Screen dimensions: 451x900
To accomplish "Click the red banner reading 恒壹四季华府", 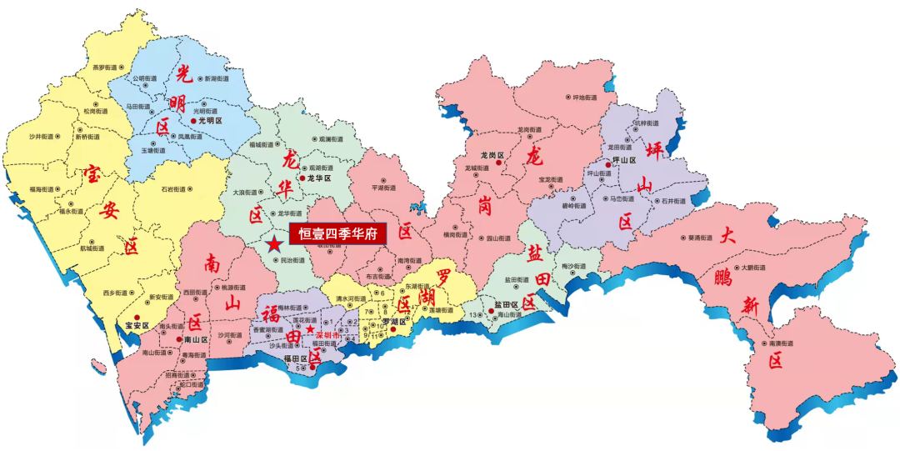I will tap(338, 234).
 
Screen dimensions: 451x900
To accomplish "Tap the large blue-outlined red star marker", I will tap(275, 244).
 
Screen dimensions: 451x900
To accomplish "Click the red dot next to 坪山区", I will tap(608, 166).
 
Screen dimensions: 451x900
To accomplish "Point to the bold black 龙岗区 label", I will tap(493, 155).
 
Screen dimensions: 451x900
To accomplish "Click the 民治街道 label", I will tap(291, 261).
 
